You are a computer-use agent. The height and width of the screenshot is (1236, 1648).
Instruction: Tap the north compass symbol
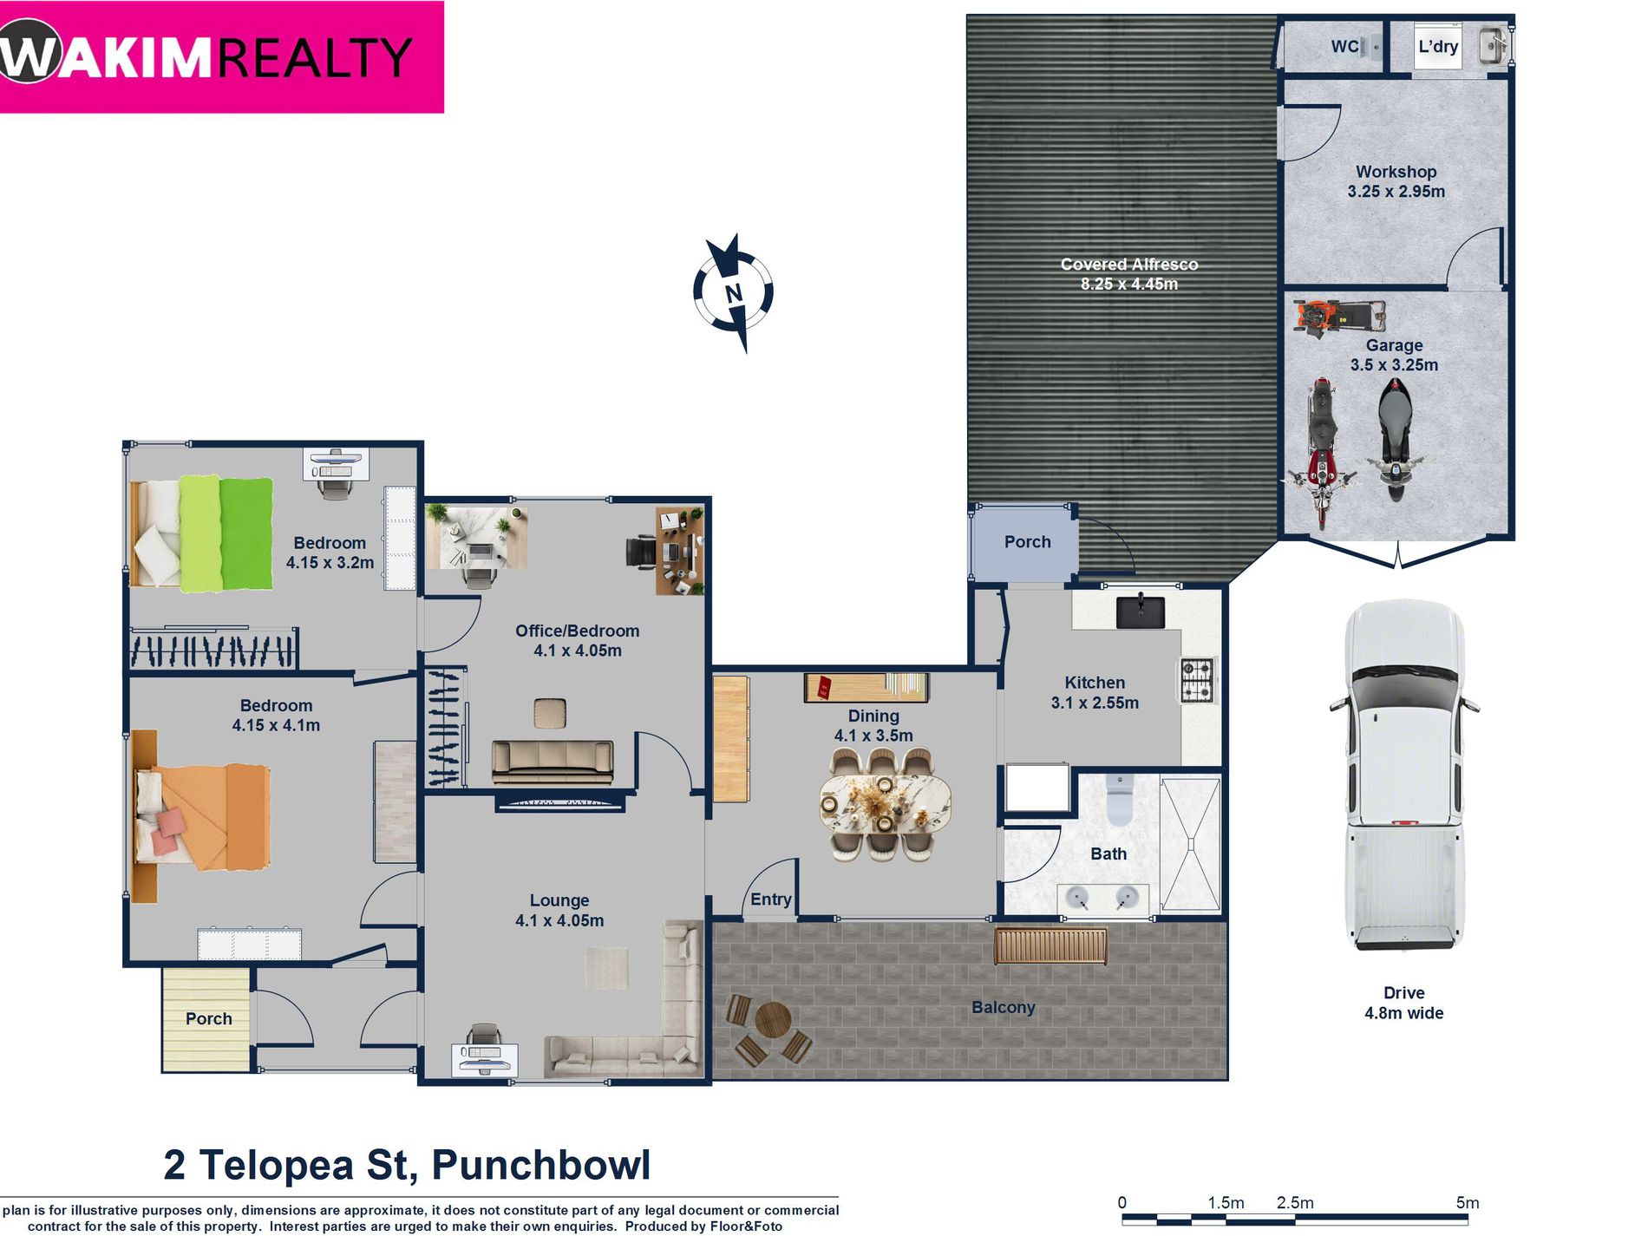[734, 292]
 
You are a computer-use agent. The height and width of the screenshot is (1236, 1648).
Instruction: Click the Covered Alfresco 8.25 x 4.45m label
[1128, 274]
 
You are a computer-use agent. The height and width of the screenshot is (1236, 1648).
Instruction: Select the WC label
[1344, 47]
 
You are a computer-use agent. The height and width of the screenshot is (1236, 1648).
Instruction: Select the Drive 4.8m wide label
[1403, 1003]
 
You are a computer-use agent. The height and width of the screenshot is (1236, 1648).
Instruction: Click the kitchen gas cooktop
[1198, 680]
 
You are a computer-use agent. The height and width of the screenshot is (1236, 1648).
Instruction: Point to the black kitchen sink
[1140, 611]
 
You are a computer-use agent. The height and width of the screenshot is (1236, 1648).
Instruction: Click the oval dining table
[884, 804]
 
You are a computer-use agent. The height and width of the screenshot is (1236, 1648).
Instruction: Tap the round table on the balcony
[772, 1020]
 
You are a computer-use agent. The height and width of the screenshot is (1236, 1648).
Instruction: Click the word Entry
[770, 899]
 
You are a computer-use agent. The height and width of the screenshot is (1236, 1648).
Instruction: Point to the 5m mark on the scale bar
[1467, 1203]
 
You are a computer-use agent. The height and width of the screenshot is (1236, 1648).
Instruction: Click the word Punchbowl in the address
[540, 1165]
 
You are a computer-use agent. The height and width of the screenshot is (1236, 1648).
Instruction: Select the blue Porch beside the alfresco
[1027, 542]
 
